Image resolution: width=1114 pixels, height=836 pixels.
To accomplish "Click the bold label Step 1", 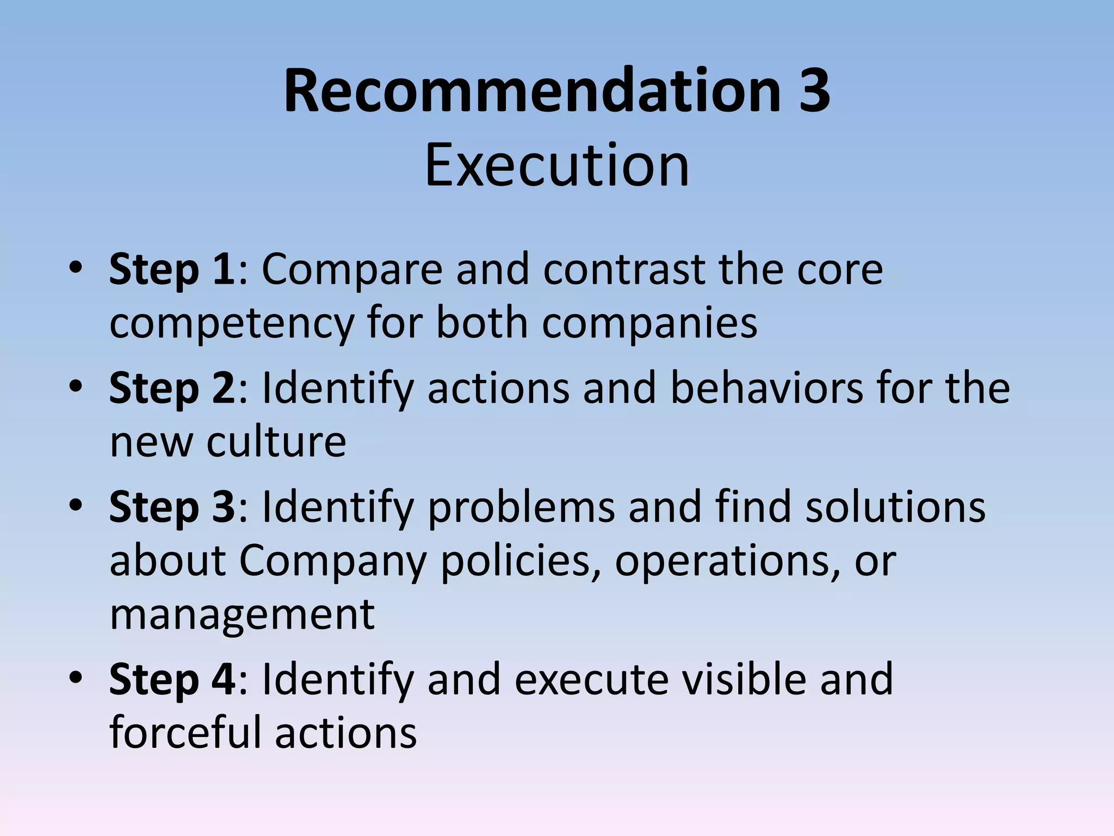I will [172, 269].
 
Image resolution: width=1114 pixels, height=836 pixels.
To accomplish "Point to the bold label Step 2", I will [172, 388].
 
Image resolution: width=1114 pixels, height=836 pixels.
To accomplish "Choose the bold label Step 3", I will [172, 507].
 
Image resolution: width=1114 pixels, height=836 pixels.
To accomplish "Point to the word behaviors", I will [766, 388].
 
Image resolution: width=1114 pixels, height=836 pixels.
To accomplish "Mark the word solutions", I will [895, 507].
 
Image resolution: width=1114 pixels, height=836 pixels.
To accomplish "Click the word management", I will [242, 615].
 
